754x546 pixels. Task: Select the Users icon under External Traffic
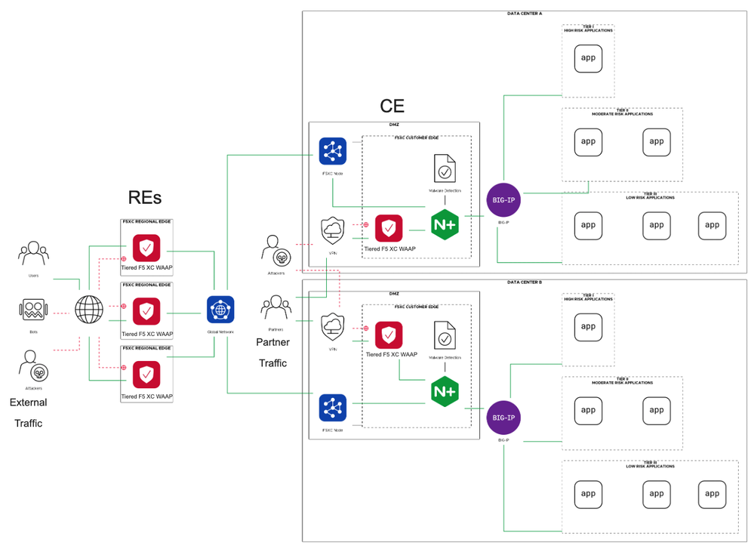point(33,254)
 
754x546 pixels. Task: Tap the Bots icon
point(33,310)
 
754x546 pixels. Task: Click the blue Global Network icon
point(220,310)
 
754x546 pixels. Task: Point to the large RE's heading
point(145,197)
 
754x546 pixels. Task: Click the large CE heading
point(392,106)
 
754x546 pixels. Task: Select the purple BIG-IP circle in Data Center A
point(503,200)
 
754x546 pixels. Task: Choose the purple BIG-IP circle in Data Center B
point(503,417)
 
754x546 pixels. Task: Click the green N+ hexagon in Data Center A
point(445,224)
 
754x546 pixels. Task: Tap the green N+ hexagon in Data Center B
point(445,391)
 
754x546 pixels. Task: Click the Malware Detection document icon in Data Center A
point(445,169)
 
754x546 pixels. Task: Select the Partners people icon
point(275,307)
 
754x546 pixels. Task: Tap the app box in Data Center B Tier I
point(588,327)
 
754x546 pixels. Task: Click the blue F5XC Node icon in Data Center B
point(332,409)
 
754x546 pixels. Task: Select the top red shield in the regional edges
point(146,248)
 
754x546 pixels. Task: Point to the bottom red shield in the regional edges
point(146,375)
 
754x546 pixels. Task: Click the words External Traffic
point(29,412)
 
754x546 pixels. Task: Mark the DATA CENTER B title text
point(525,282)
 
